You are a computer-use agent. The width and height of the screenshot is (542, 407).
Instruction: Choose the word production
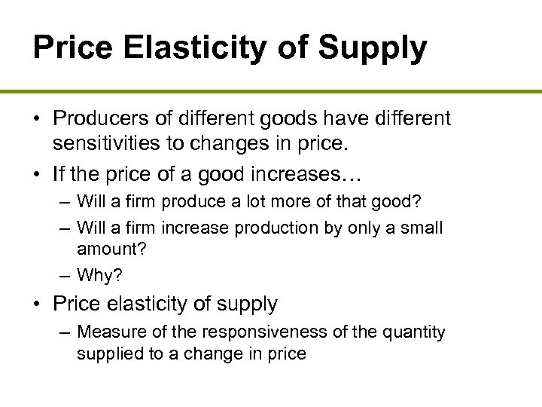click(x=266, y=228)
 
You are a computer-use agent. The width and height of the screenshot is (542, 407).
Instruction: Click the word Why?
click(x=99, y=276)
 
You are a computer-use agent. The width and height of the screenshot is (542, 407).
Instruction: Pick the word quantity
click(x=409, y=332)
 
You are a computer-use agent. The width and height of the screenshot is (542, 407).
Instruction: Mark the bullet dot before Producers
click(x=38, y=118)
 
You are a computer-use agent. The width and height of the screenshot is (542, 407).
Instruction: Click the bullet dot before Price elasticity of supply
click(x=38, y=304)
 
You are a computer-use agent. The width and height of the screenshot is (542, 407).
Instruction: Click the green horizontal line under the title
click(x=271, y=91)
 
